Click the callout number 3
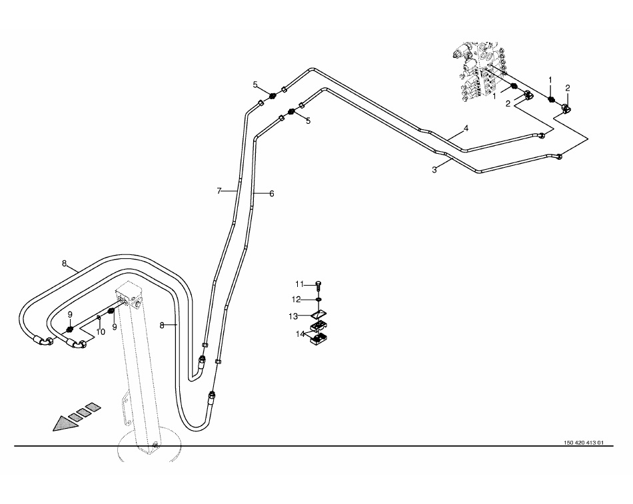[434, 170]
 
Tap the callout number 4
[466, 128]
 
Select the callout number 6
[272, 194]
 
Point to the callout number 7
[219, 191]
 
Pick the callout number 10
[101, 332]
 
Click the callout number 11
[300, 284]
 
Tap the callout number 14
[300, 333]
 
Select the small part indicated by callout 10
[98, 318]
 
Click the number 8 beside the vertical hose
[161, 325]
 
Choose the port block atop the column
[129, 296]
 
